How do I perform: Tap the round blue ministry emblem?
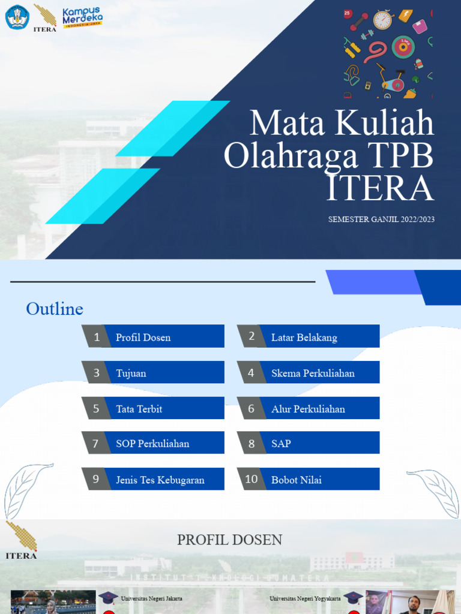click(17, 17)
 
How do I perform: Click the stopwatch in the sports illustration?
click(382, 20)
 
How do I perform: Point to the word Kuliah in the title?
click(384, 124)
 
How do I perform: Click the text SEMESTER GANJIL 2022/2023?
click(381, 219)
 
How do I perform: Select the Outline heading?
click(55, 309)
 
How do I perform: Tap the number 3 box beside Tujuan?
click(96, 373)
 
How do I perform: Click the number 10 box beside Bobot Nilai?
click(252, 479)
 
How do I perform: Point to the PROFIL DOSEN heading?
click(229, 540)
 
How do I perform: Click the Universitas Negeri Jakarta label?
click(151, 598)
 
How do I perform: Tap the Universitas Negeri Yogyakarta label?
click(305, 598)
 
